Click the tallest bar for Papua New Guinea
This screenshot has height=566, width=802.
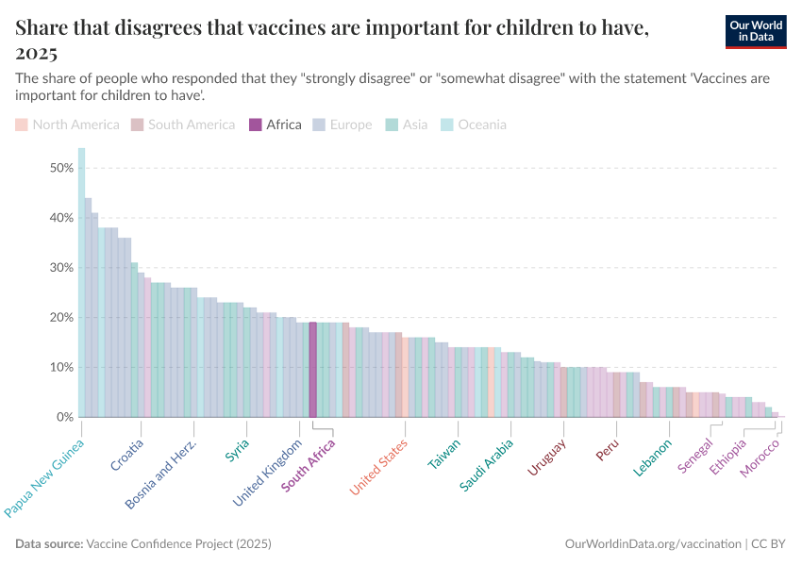point(81,283)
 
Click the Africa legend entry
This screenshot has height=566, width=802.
point(275,125)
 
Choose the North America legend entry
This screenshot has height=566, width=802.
point(68,125)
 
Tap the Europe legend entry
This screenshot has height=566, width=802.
point(342,125)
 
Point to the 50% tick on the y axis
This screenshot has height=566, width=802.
point(61,168)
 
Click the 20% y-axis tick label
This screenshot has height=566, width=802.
point(61,317)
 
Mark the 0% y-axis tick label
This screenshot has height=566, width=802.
point(65,417)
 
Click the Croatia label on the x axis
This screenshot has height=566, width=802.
point(127,455)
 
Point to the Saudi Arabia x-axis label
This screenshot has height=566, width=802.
point(487,464)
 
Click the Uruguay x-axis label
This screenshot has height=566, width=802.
point(546,457)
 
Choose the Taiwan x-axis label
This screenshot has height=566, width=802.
point(444,454)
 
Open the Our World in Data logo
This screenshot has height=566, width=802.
point(756,30)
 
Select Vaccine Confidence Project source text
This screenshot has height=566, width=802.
point(178,544)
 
